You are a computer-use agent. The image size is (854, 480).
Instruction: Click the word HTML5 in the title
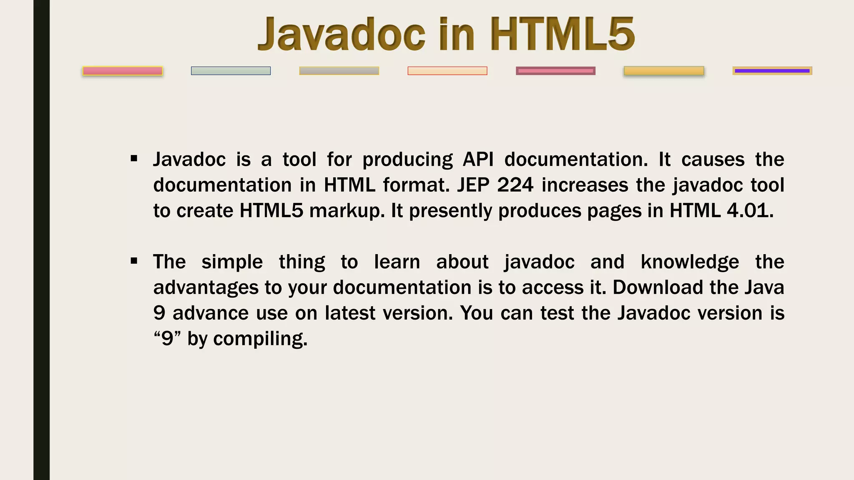click(562, 34)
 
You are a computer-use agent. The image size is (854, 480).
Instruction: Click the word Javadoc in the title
click(342, 34)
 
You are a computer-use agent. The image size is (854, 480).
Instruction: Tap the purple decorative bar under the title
click(772, 71)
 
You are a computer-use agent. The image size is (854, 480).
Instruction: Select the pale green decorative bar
click(231, 71)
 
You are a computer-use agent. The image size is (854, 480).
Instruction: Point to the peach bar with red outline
click(447, 71)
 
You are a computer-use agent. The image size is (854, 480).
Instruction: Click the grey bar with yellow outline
click(339, 71)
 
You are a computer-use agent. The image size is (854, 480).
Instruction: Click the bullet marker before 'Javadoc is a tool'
click(134, 159)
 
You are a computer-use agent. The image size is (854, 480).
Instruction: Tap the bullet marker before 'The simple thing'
click(134, 261)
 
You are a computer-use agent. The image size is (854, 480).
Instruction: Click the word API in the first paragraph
click(478, 159)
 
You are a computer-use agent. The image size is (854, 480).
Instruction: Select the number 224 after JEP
click(515, 185)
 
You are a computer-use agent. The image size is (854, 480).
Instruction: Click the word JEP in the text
click(473, 185)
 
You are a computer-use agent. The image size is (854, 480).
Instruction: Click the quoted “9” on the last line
click(167, 338)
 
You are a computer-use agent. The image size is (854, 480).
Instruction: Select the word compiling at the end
click(260, 339)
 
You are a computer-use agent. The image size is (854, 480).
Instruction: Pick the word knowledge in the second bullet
click(690, 262)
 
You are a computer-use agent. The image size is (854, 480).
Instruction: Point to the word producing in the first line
click(407, 160)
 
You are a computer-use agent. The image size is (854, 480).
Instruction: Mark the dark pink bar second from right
click(555, 71)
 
